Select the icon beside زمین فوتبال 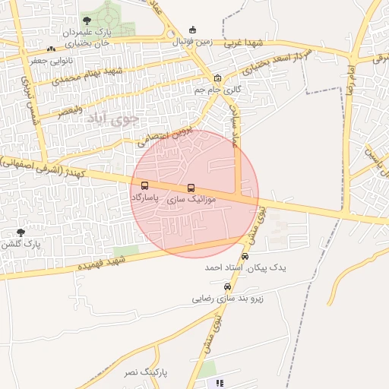193,30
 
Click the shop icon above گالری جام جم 218,77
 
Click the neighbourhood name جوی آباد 114,119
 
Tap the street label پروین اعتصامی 162,135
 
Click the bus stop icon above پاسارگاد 144,185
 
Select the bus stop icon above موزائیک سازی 190,188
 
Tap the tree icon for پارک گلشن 20,232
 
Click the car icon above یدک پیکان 244,257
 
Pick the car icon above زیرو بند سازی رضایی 227,286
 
